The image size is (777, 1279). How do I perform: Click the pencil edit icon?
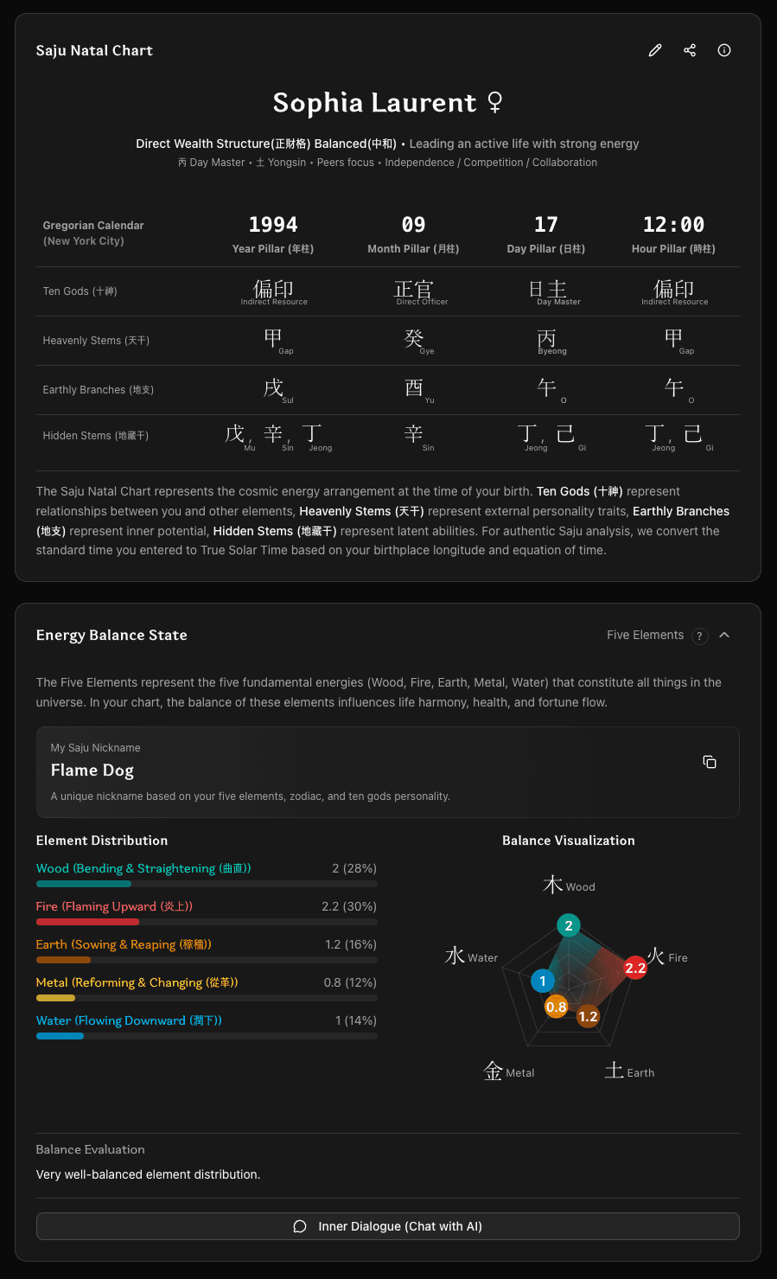[x=655, y=50]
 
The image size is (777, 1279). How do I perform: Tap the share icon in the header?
[x=690, y=50]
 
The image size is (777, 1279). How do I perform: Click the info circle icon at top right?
[x=724, y=50]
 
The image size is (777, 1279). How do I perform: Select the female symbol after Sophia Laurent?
[x=495, y=103]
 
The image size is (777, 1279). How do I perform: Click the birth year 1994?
[x=273, y=225]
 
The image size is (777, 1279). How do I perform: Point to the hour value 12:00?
[x=673, y=225]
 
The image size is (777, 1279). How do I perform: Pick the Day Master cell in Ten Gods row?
[x=548, y=291]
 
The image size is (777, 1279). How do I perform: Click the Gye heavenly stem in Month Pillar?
[x=414, y=338]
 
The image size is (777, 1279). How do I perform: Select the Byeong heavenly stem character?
[x=547, y=340]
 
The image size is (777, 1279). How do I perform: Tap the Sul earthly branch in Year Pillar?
[x=274, y=388]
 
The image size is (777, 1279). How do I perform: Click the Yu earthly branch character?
[x=414, y=387]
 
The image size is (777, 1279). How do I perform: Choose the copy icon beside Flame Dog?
[x=710, y=762]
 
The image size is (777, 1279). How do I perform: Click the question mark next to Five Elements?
[x=699, y=636]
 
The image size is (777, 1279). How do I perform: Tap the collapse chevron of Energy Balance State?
[x=724, y=635]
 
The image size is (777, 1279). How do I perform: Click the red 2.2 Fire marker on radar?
[x=635, y=968]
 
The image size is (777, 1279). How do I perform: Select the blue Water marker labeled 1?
[x=543, y=981]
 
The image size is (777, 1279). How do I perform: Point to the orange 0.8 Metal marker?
[x=556, y=1007]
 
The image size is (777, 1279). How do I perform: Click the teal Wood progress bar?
[x=84, y=884]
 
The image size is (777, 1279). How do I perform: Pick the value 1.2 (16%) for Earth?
[x=350, y=944]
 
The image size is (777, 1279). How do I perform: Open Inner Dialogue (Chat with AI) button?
[x=387, y=1226]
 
